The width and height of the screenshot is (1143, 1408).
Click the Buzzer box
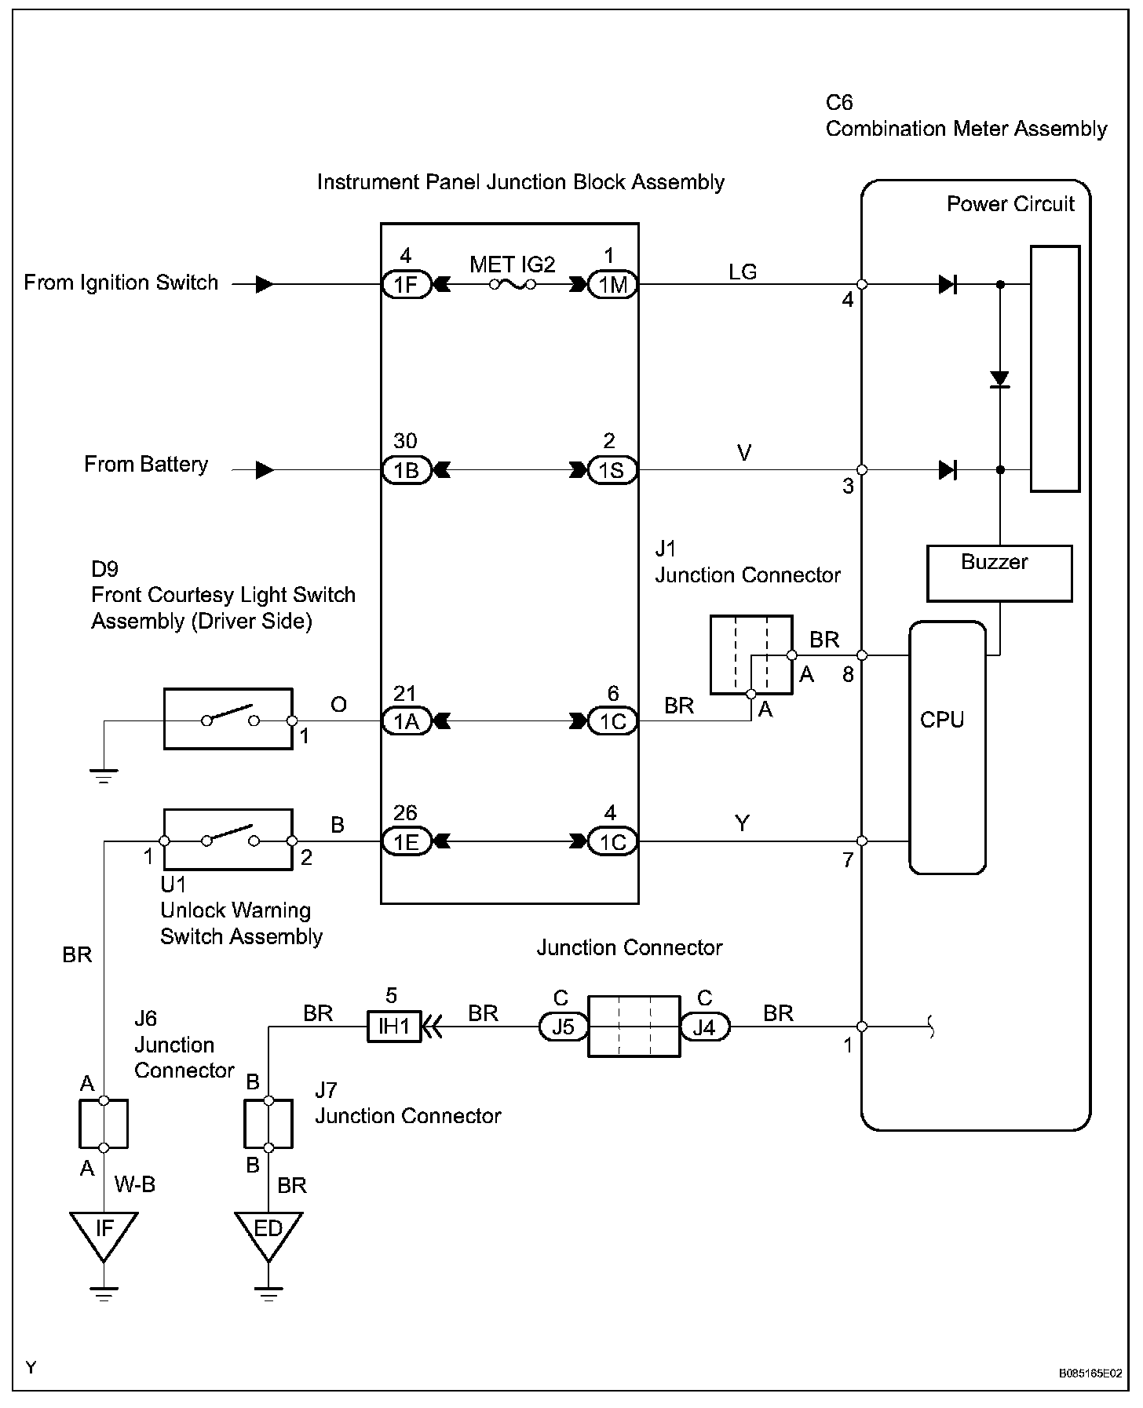click(x=999, y=574)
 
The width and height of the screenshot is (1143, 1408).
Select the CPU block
click(x=947, y=746)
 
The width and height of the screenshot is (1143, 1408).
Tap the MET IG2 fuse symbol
click(x=513, y=284)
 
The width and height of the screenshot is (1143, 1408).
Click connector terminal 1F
click(x=406, y=284)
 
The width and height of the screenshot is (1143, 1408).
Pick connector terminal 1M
click(x=613, y=284)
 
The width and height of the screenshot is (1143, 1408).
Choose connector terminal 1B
click(x=406, y=470)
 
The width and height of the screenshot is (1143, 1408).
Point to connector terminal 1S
click(x=613, y=470)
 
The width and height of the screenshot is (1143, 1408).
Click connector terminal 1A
click(x=406, y=720)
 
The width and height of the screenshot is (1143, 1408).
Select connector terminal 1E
click(x=406, y=841)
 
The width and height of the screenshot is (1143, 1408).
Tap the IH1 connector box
click(x=394, y=1026)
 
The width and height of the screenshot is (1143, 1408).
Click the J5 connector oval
click(x=563, y=1026)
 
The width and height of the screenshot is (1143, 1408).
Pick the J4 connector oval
click(x=704, y=1026)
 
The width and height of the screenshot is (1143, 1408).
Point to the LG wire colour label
click(x=743, y=272)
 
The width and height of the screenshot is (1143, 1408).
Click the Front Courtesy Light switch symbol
click(x=228, y=719)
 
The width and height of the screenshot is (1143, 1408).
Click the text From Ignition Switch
click(x=121, y=283)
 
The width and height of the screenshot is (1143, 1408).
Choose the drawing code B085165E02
click(x=1090, y=1373)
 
